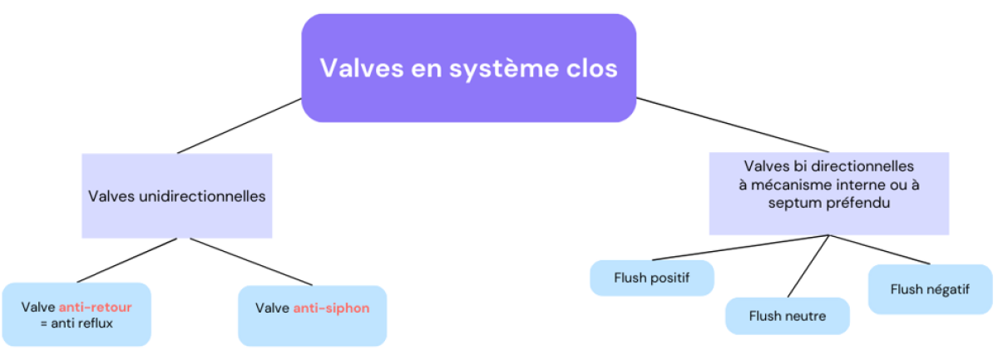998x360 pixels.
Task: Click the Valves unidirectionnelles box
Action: point(176,196)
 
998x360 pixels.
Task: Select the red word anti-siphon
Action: point(331,308)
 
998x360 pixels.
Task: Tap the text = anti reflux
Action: point(76,323)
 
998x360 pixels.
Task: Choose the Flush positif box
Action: point(652,278)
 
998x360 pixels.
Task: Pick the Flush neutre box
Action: point(787,316)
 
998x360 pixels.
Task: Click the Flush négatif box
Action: point(930,289)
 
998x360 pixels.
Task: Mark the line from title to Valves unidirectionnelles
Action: point(240,126)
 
